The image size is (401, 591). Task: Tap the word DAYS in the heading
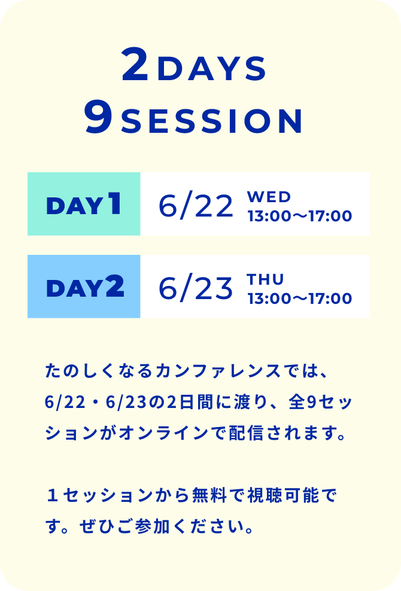(212, 69)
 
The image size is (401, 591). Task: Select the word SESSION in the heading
(212, 121)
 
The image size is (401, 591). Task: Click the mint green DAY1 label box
(84, 204)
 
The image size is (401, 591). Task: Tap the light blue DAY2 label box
(84, 287)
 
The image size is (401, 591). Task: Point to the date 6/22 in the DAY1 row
(196, 206)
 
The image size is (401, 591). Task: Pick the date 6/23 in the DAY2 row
(196, 289)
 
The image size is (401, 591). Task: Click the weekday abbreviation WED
(269, 197)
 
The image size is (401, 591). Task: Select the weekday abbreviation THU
(265, 279)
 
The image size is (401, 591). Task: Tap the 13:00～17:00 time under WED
(300, 216)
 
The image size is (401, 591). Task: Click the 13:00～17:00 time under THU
(300, 298)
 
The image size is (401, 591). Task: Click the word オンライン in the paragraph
(164, 434)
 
